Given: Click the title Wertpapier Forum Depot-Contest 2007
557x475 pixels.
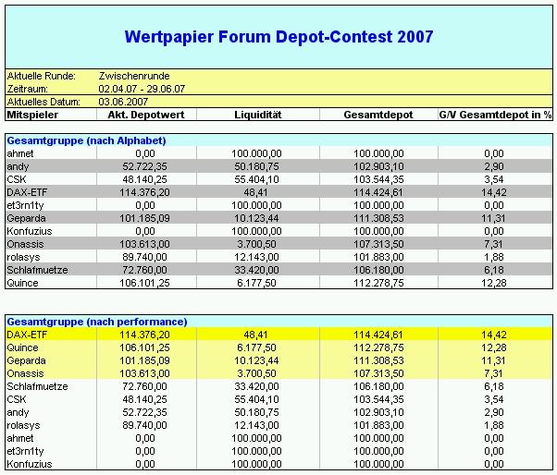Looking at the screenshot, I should [278, 37].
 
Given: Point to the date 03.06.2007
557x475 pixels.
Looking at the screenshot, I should [121, 102].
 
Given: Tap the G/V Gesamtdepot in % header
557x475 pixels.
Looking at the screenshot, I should [495, 115].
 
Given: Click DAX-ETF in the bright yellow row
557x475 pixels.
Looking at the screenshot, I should [27, 334].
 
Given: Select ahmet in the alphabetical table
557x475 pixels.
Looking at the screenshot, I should [19, 152].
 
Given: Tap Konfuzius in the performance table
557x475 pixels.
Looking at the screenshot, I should [29, 463].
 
